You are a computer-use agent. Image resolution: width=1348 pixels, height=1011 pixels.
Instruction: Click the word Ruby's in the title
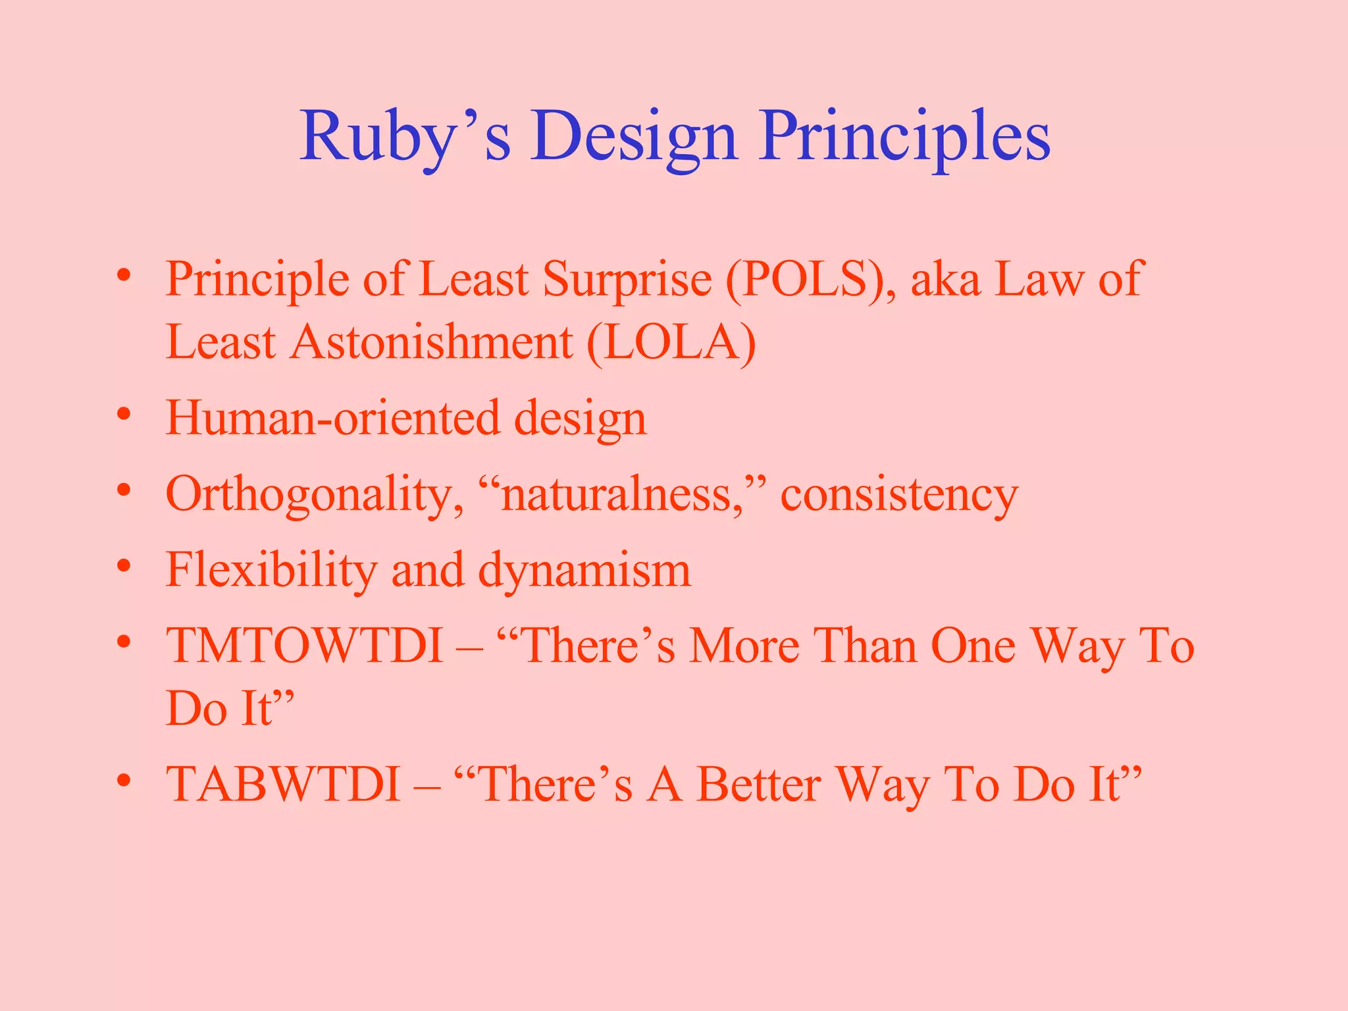click(405, 137)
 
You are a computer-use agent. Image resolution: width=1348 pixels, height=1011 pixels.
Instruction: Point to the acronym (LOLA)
click(671, 343)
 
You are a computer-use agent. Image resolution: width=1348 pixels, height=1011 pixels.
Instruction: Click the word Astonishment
click(432, 343)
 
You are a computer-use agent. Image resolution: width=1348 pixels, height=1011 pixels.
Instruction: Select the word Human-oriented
click(332, 418)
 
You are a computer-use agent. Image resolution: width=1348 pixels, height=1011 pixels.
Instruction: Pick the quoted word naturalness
click(619, 494)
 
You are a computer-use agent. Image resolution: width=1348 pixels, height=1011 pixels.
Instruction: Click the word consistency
click(899, 494)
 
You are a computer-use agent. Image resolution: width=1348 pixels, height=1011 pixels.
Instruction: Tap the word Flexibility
click(271, 570)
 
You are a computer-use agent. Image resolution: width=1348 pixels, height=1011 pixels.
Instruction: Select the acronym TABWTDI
click(283, 784)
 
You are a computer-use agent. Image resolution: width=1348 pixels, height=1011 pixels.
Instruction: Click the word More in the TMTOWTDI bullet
click(744, 646)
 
